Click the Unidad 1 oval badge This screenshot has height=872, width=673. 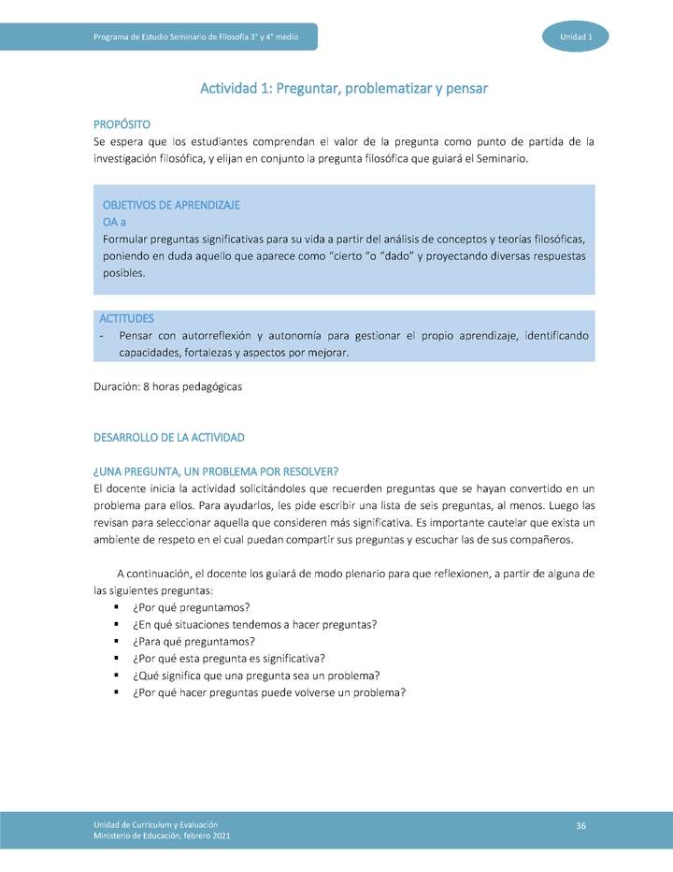click(x=575, y=36)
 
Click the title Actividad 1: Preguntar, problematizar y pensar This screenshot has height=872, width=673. click(x=344, y=88)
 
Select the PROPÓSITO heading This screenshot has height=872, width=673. click(x=122, y=124)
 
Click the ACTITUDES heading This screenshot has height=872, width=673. click(x=127, y=319)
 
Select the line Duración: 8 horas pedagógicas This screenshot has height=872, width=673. click(x=168, y=387)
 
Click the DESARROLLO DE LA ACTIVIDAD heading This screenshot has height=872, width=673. click(x=169, y=437)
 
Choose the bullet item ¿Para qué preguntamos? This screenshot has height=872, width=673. click(x=193, y=641)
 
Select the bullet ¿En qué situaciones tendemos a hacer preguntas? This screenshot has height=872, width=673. click(x=254, y=624)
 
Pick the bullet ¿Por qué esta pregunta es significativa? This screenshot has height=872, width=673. click(x=228, y=658)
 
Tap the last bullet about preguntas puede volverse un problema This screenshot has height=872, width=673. click(x=268, y=692)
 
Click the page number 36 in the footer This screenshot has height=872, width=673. click(x=580, y=824)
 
